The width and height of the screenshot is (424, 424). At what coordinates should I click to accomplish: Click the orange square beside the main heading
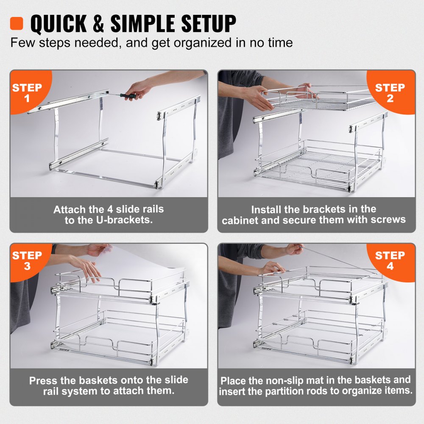(17, 23)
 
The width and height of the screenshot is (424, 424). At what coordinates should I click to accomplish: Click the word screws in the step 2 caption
(387, 220)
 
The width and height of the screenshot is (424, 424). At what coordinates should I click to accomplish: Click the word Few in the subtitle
(20, 43)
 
